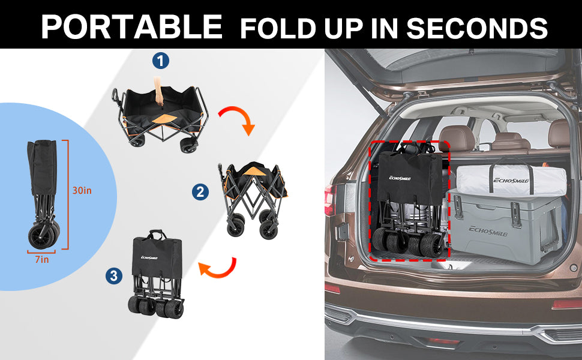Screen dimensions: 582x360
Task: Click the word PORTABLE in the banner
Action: pyautogui.click(x=132, y=27)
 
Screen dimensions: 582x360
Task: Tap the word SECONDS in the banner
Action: pyautogui.click(x=477, y=28)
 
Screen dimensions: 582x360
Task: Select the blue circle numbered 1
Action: pyautogui.click(x=161, y=61)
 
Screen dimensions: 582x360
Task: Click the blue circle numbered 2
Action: pyautogui.click(x=200, y=192)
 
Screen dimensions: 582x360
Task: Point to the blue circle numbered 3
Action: pyautogui.click(x=114, y=276)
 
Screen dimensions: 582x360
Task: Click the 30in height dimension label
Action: pyautogui.click(x=82, y=190)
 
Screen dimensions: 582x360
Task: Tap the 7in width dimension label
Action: pyautogui.click(x=42, y=259)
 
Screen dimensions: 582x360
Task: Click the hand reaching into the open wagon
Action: pyautogui.click(x=158, y=91)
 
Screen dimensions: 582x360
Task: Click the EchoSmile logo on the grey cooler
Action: pyautogui.click(x=488, y=231)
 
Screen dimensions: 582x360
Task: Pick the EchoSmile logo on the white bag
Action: pyautogui.click(x=511, y=181)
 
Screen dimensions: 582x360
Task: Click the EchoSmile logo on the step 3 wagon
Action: pyautogui.click(x=149, y=257)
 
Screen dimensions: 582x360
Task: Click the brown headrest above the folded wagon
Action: pyautogui.click(x=457, y=137)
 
